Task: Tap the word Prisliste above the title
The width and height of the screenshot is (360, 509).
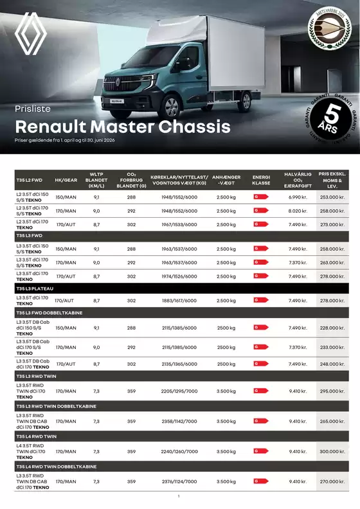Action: tap(32, 109)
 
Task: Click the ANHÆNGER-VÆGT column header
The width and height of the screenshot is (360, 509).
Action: tap(226, 179)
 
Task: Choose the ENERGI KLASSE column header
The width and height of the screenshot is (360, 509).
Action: tap(261, 179)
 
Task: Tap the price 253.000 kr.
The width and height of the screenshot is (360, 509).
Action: tap(333, 197)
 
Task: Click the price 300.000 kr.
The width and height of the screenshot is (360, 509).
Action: tap(333, 452)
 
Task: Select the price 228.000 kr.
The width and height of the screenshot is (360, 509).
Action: tap(333, 327)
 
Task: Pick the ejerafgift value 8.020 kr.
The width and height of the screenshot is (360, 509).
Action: tap(298, 211)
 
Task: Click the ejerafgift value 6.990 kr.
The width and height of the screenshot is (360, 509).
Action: tap(298, 197)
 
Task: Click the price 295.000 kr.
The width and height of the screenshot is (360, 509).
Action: tap(333, 391)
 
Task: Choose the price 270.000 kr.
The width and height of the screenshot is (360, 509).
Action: tap(333, 481)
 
